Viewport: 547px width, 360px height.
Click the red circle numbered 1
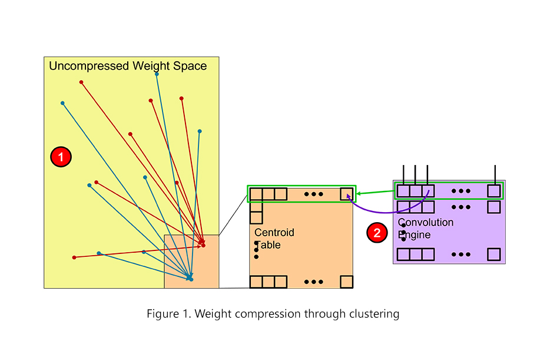(61, 157)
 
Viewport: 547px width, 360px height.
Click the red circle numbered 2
(377, 233)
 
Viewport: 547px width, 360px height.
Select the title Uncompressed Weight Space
(128, 66)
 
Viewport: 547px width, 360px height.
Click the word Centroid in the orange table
(274, 233)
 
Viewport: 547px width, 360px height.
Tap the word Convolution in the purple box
(426, 223)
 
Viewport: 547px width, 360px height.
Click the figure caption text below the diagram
(273, 314)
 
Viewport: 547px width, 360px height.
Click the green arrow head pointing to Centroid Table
(359, 193)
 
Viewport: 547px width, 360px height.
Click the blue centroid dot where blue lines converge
(191, 279)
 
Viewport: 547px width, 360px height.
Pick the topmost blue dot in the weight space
(157, 74)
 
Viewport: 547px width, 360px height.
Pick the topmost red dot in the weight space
(81, 82)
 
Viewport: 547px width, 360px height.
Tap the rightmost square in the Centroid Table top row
(347, 194)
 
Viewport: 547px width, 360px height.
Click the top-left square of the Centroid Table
(256, 194)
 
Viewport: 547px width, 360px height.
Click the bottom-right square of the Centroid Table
(347, 282)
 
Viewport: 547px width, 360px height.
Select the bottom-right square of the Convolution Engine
(494, 255)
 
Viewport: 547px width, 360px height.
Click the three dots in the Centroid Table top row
(314, 194)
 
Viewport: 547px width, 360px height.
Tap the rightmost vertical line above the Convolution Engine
(495, 174)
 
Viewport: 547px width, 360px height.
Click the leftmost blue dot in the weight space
(62, 103)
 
